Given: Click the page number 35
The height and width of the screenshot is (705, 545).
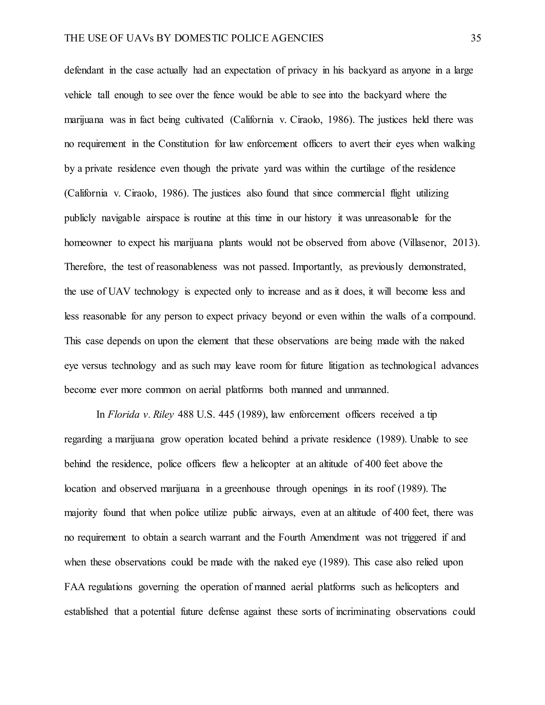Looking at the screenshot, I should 476,38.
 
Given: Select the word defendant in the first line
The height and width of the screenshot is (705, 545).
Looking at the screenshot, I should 84,70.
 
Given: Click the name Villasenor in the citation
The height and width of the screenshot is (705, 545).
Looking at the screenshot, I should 423,242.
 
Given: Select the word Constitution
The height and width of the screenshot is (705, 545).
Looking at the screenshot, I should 183,144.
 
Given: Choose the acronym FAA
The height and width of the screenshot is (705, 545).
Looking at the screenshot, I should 74,587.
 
